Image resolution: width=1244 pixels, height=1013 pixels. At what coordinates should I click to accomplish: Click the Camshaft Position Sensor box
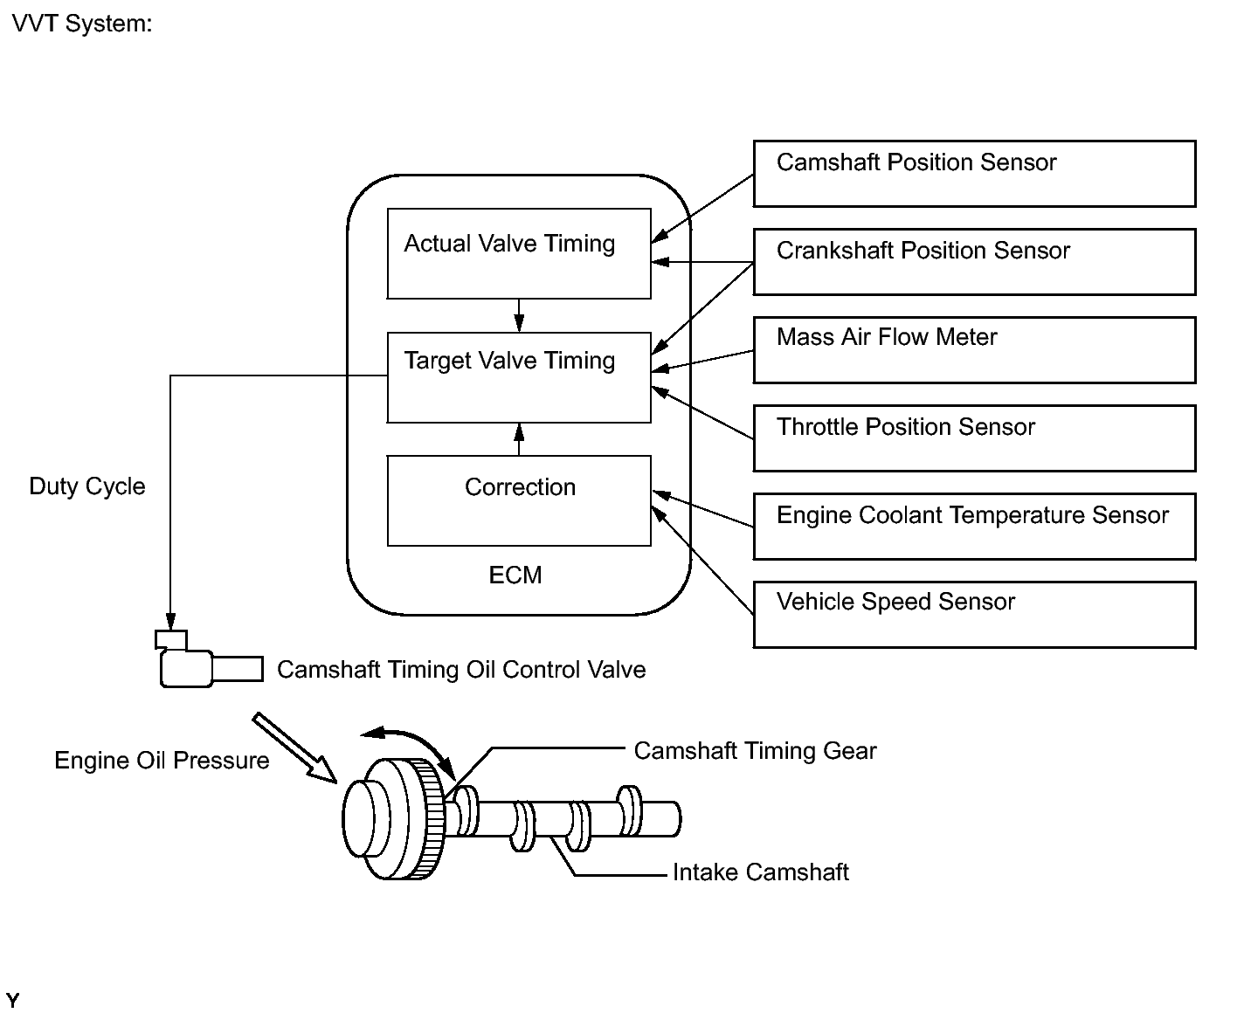click(x=974, y=174)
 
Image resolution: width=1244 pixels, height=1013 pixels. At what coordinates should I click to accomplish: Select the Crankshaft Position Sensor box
click(x=974, y=262)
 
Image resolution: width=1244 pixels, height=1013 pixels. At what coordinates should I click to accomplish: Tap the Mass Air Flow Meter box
click(x=974, y=349)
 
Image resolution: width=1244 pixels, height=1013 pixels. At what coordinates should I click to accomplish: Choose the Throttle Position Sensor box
click(x=974, y=438)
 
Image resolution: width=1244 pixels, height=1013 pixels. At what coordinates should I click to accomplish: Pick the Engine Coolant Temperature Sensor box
click(x=974, y=526)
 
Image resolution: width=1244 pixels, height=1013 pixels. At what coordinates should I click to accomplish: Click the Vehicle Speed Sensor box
click(x=974, y=614)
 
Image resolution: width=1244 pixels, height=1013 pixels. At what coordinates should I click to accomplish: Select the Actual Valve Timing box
click(x=519, y=253)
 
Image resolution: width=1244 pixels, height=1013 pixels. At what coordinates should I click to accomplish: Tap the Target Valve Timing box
click(x=519, y=377)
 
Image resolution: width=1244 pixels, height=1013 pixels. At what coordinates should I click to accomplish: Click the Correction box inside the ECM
click(x=519, y=500)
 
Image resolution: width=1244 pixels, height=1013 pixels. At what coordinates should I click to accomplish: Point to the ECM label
click(x=515, y=575)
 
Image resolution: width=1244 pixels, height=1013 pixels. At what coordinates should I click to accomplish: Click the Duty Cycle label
click(x=87, y=486)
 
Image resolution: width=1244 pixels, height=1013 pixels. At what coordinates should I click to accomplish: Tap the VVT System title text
click(x=82, y=24)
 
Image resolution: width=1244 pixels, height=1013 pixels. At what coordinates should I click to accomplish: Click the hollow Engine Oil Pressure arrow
click(x=295, y=748)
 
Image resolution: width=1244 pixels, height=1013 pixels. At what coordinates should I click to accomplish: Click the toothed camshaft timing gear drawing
click(x=394, y=818)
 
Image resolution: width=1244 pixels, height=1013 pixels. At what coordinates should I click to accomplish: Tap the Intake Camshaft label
click(x=760, y=872)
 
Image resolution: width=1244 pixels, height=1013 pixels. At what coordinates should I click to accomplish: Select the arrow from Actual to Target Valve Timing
click(x=519, y=315)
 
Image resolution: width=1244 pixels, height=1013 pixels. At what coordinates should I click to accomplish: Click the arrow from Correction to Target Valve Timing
click(x=519, y=439)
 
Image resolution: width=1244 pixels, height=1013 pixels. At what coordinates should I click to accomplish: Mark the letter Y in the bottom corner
click(x=12, y=1000)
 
